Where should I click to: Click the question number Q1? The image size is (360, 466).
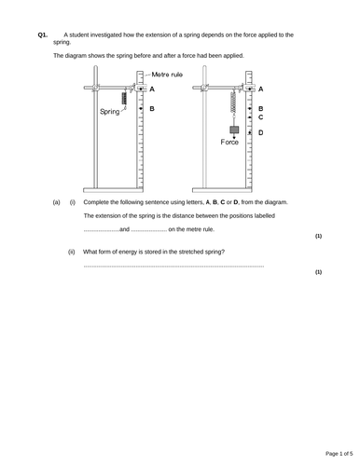(42, 34)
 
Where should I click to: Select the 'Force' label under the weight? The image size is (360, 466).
(230, 142)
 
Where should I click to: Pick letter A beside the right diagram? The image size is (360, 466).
(260, 88)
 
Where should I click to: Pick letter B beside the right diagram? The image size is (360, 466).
(260, 108)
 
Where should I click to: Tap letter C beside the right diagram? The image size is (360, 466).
(260, 117)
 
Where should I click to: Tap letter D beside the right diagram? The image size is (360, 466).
(260, 132)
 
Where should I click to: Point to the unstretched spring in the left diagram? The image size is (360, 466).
(125, 98)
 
